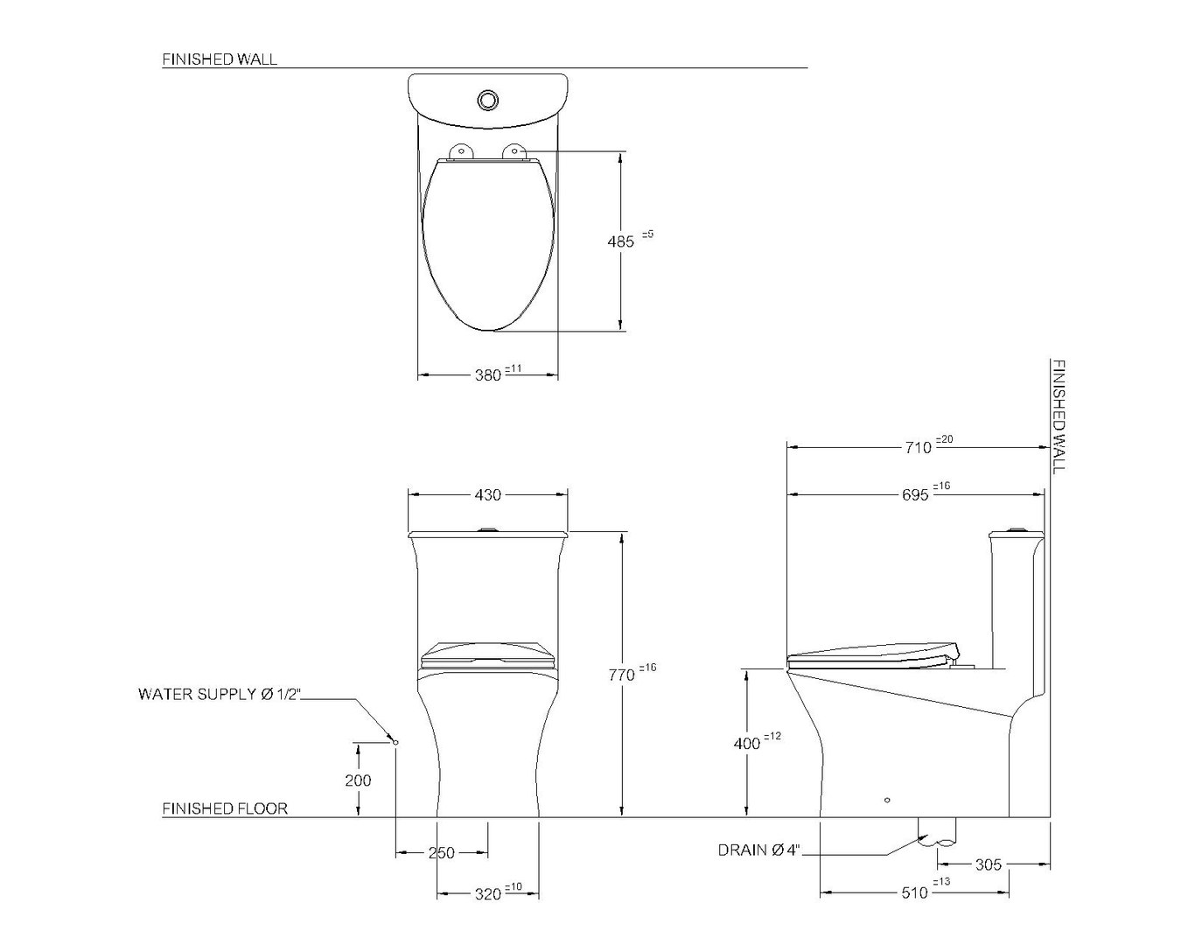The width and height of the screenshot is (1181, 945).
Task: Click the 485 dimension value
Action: (621, 241)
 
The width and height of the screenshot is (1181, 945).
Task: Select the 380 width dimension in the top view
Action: (488, 375)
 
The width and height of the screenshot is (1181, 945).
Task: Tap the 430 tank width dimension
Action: (488, 495)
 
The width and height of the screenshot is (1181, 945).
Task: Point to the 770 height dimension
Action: (622, 675)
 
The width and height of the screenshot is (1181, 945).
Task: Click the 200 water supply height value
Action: (359, 780)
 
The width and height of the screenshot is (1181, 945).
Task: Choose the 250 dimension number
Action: (442, 853)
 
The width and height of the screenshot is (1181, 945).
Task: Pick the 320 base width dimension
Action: (488, 894)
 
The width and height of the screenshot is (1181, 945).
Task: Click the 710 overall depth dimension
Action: (919, 448)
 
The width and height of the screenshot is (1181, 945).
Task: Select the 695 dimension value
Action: (915, 495)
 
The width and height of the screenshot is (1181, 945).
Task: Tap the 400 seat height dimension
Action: (747, 744)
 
